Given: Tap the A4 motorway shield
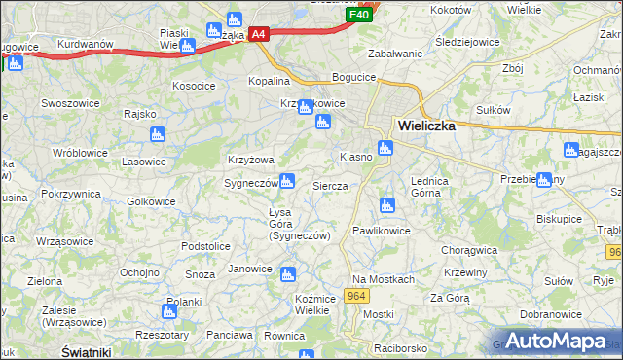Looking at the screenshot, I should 258,34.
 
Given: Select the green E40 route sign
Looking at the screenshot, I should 359,15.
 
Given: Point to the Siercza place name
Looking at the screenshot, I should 330,185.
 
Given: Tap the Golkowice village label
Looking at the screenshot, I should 152,201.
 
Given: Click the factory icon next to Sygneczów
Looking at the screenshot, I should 287,180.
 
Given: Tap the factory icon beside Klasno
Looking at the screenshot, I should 385,148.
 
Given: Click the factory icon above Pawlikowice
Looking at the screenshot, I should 386,204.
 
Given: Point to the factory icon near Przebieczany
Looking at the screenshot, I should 543,180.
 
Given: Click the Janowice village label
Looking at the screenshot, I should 249,269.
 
